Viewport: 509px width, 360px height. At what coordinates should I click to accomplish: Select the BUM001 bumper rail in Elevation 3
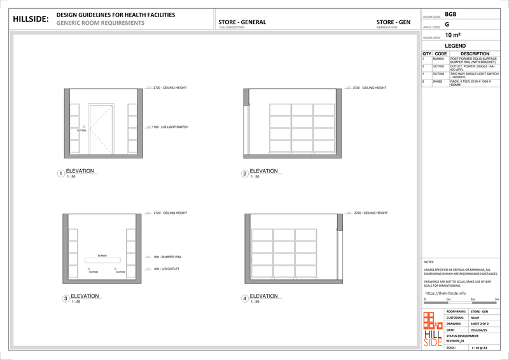tap(102, 260)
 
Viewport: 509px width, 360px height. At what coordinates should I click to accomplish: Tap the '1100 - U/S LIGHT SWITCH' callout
tap(170, 127)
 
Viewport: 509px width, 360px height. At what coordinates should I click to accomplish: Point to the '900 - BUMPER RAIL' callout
tap(169, 257)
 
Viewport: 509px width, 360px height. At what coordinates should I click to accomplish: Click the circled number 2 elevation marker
tap(244, 174)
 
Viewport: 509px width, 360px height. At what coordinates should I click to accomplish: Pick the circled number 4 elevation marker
tap(244, 298)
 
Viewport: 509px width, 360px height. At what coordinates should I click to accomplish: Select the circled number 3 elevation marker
tap(66, 298)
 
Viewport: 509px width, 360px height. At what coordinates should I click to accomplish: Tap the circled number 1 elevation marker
tap(61, 174)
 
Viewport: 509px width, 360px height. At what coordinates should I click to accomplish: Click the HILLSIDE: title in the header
tap(31, 19)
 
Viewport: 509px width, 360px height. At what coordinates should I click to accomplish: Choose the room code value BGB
tap(450, 13)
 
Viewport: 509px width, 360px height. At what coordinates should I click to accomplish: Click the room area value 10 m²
tap(453, 36)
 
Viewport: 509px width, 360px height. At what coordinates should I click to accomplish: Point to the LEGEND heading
tap(456, 46)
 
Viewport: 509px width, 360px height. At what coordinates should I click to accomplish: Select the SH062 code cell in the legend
tap(437, 81)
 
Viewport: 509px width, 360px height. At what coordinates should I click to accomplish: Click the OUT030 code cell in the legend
tap(438, 66)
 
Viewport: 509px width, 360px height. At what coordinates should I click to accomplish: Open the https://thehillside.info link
tap(445, 293)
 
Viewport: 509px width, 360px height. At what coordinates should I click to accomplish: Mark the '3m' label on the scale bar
tap(496, 299)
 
